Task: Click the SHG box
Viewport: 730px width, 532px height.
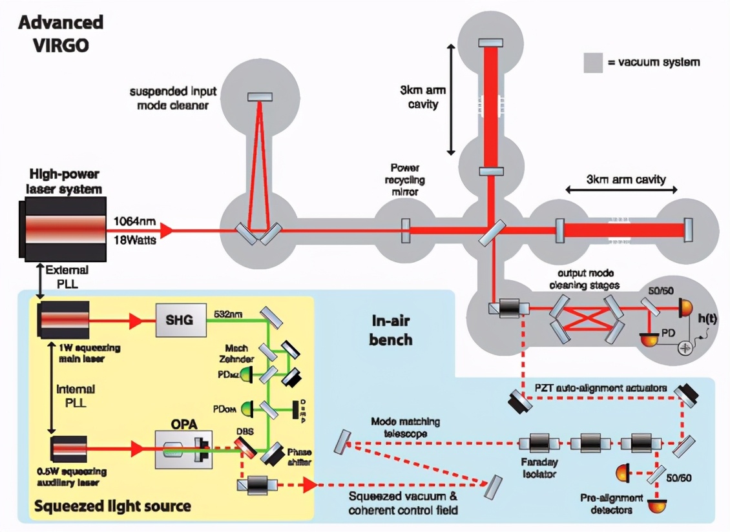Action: (181, 319)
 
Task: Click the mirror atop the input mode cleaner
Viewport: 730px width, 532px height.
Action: (260, 96)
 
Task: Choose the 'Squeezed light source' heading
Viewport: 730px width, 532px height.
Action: (114, 505)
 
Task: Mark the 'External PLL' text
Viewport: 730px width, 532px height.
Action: (67, 276)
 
